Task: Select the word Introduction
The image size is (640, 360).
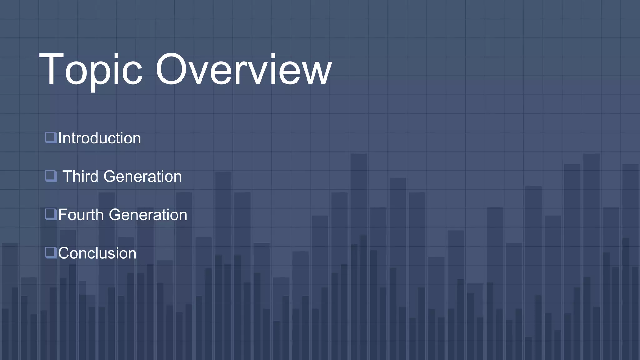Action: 99,138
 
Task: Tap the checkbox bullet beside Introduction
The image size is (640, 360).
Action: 51,137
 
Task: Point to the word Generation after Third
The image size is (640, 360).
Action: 142,176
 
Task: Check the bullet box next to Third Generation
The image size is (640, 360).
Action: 51,176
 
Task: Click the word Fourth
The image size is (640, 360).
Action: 81,215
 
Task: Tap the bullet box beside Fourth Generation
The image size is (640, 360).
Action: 51,214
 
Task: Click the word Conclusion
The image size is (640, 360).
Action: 97,253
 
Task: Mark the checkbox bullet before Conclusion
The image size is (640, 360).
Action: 51,253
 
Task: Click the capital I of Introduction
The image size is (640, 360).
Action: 60,138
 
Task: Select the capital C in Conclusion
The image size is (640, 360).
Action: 64,253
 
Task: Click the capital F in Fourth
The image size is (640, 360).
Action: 62,215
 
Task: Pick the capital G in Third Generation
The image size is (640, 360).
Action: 110,176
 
